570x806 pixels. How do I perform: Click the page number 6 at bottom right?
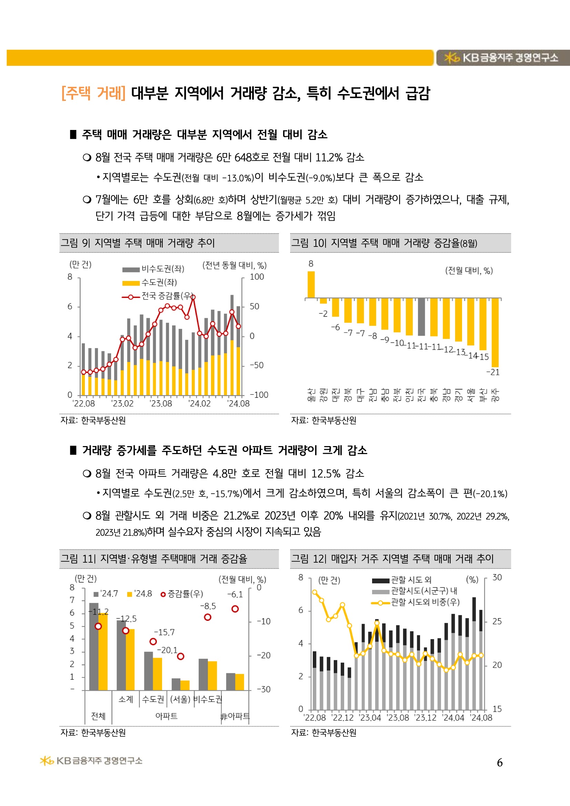click(500, 763)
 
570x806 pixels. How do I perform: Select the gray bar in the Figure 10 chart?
click(421, 316)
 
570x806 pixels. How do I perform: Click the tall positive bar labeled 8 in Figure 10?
click(311, 285)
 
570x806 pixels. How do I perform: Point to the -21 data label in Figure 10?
click(493, 372)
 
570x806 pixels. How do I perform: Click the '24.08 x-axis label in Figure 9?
click(239, 404)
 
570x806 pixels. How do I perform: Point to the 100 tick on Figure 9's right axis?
click(257, 276)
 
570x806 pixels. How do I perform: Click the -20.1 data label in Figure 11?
click(167, 650)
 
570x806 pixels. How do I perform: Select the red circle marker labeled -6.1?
click(235, 609)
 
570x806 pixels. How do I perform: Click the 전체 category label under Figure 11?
click(98, 716)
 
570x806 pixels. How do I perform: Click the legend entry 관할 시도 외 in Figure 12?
click(411, 580)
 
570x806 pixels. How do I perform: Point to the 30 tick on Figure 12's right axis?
click(497, 577)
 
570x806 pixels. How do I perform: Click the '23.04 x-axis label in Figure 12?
click(370, 718)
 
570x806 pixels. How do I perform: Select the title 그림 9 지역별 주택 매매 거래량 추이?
click(138, 243)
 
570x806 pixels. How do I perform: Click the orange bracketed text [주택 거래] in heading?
click(93, 93)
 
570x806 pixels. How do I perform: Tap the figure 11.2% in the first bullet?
click(329, 157)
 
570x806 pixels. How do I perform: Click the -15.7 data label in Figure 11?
click(164, 632)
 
